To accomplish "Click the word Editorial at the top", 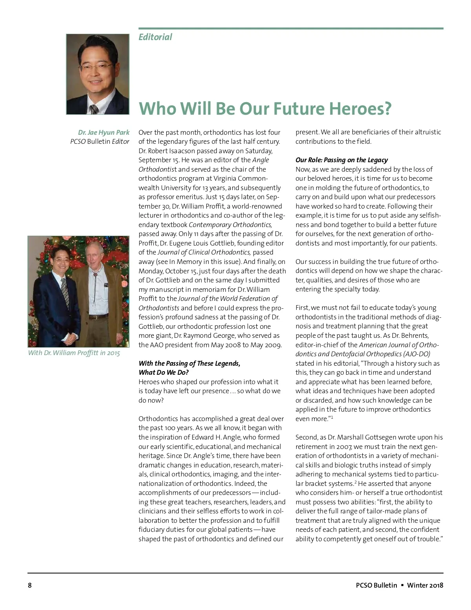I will coord(155,37).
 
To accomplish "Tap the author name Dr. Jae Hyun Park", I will coord(104,132).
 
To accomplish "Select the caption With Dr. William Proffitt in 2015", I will coord(74,353).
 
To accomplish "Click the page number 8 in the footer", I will coord(30,585).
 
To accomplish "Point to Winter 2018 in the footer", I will coord(425,585).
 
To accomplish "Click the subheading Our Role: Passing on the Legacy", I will coord(341,160).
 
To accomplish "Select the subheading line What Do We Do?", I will coord(164,372).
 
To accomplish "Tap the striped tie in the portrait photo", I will coord(94,109).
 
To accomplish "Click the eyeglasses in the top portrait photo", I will coord(95,66).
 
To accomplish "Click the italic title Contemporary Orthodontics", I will coord(230,225).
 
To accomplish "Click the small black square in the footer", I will coord(402,585).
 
